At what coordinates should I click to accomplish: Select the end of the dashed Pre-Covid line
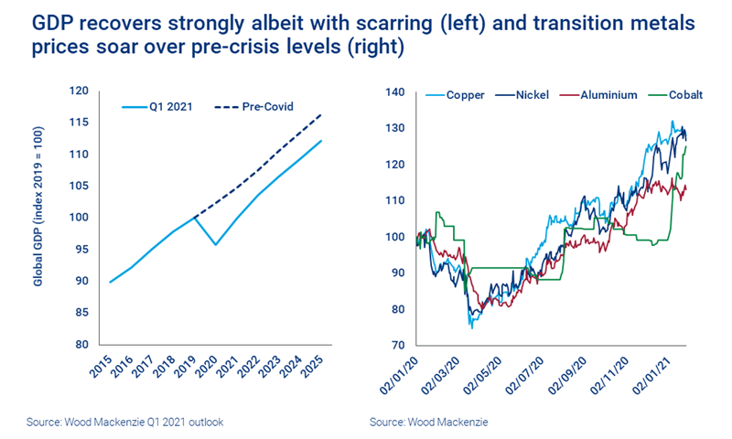(x=320, y=115)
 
